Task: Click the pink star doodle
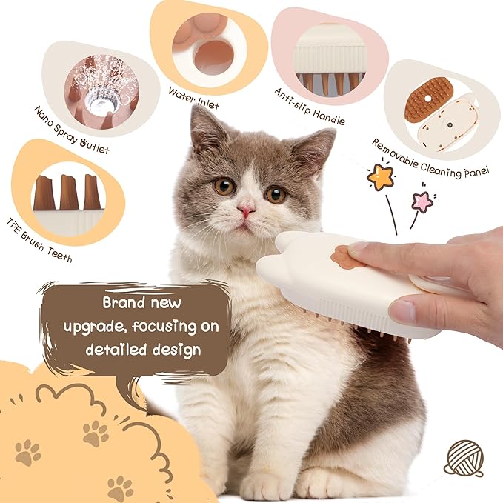[x=423, y=201]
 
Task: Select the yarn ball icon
[x=463, y=459]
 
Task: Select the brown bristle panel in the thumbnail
[x=428, y=99]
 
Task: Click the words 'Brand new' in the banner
[x=140, y=304]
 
